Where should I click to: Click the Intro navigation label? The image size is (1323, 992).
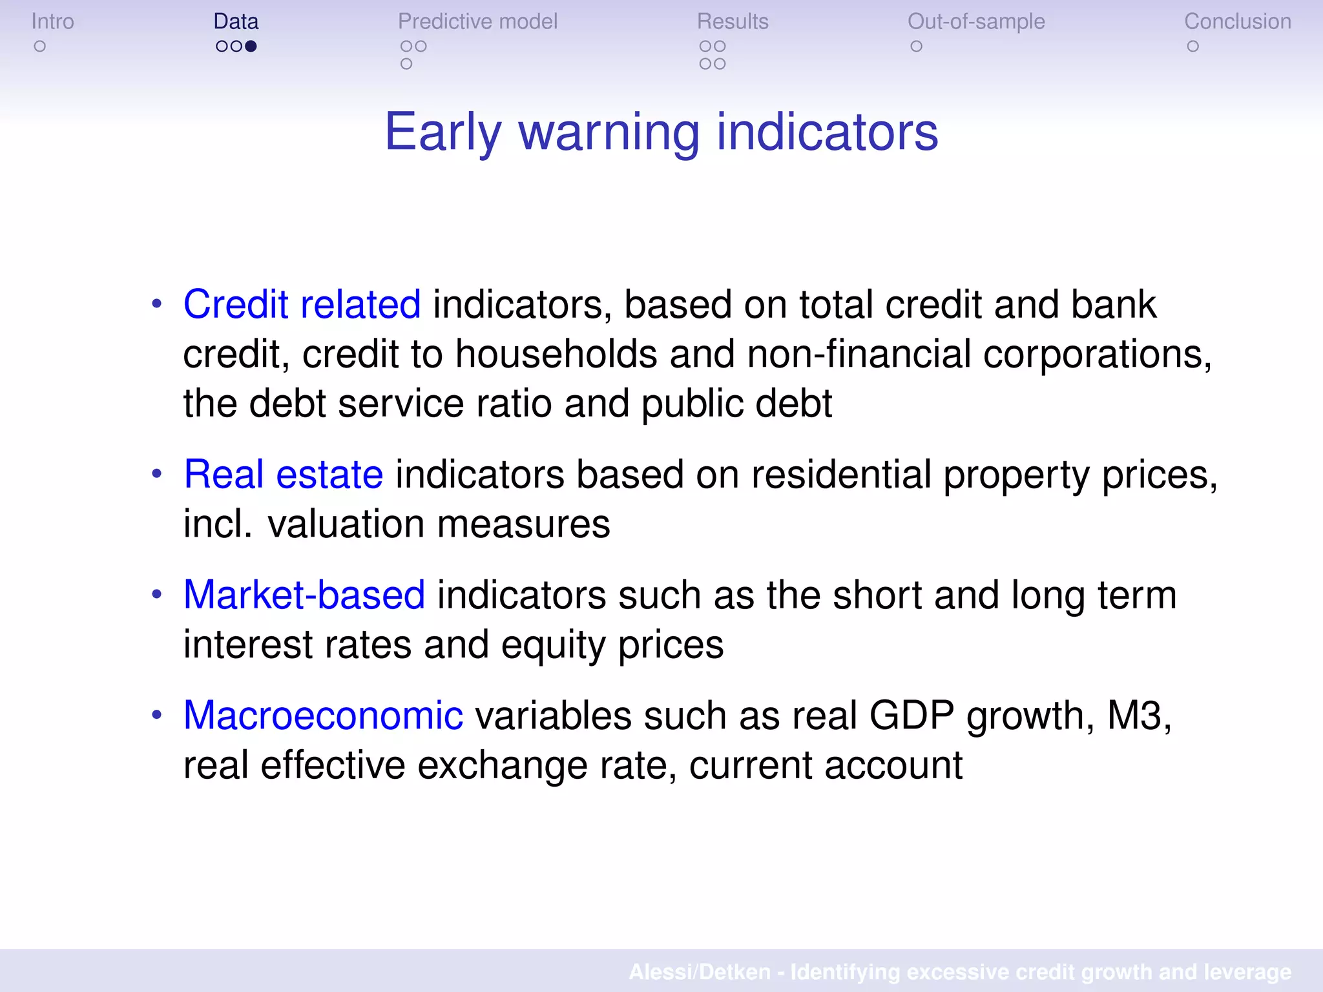pos(52,21)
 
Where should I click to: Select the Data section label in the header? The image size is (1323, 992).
pos(236,21)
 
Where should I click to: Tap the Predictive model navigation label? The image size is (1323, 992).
pos(477,21)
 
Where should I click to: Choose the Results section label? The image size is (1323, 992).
pos(733,21)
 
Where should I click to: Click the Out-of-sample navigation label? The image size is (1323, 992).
pos(976,21)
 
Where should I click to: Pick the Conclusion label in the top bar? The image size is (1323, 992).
pos(1237,21)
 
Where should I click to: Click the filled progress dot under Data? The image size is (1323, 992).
pos(251,46)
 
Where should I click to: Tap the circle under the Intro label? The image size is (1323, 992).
pos(40,46)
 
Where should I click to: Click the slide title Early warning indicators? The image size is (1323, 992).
pos(661,132)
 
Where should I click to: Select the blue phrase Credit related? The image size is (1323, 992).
pos(302,304)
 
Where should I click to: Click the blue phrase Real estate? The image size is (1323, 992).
pos(283,474)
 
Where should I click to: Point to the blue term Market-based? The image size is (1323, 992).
pos(304,595)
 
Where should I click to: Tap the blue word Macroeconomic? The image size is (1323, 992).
pos(323,716)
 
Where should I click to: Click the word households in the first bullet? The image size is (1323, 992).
pos(556,354)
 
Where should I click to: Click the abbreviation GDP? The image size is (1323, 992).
pos(912,716)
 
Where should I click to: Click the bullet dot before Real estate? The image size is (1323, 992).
pos(157,474)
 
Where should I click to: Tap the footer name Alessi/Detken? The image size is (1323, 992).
pos(700,972)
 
